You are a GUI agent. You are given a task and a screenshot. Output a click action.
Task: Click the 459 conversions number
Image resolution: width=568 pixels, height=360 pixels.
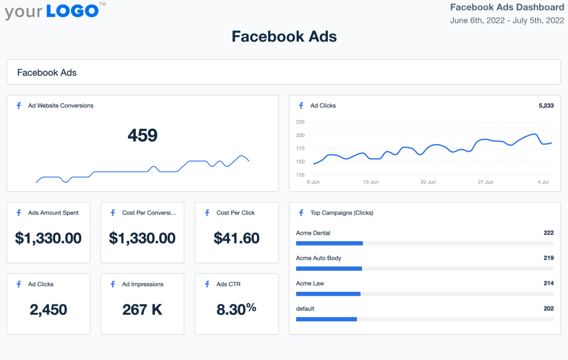click(143, 135)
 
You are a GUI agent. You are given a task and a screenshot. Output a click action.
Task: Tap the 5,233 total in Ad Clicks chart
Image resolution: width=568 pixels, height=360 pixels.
click(546, 105)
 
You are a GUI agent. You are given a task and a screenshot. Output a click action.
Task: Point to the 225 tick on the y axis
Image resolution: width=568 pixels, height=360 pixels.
click(300, 122)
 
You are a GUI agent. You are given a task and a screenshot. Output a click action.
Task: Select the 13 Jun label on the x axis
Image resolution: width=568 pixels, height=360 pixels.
click(371, 182)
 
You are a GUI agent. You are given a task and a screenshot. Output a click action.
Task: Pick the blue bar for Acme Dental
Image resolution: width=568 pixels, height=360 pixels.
click(329, 243)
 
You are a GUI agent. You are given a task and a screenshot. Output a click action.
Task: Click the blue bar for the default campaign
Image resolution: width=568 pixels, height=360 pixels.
click(326, 319)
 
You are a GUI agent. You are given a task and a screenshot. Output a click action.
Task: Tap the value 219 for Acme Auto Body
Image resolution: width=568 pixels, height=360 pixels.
click(549, 258)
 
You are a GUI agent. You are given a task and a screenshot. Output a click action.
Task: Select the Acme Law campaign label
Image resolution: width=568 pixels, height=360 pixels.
click(310, 283)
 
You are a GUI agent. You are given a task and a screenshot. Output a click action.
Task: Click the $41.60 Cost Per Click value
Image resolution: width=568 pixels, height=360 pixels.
click(236, 239)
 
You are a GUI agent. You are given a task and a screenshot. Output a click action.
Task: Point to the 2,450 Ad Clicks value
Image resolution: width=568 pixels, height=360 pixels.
click(48, 310)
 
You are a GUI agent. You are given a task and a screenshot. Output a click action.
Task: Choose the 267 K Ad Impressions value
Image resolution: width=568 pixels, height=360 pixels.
click(142, 310)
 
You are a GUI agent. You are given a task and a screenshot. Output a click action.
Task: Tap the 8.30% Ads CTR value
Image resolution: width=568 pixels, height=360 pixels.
click(236, 310)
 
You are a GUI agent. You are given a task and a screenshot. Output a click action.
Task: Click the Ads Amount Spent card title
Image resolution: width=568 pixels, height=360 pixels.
click(53, 212)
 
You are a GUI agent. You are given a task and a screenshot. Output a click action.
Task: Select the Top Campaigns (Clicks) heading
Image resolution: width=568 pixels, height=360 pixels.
click(342, 212)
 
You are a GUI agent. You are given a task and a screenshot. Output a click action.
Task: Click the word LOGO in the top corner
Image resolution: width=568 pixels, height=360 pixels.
click(72, 11)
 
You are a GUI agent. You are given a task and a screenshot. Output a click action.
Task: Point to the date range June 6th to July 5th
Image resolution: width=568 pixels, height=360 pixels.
click(506, 21)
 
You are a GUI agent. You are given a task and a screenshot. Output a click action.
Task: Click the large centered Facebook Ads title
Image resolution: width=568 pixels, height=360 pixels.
click(284, 37)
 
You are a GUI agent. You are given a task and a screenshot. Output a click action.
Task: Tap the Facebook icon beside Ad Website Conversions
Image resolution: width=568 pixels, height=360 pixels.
click(19, 105)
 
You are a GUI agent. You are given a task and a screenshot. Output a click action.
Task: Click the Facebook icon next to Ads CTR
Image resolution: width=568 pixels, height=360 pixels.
click(207, 284)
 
